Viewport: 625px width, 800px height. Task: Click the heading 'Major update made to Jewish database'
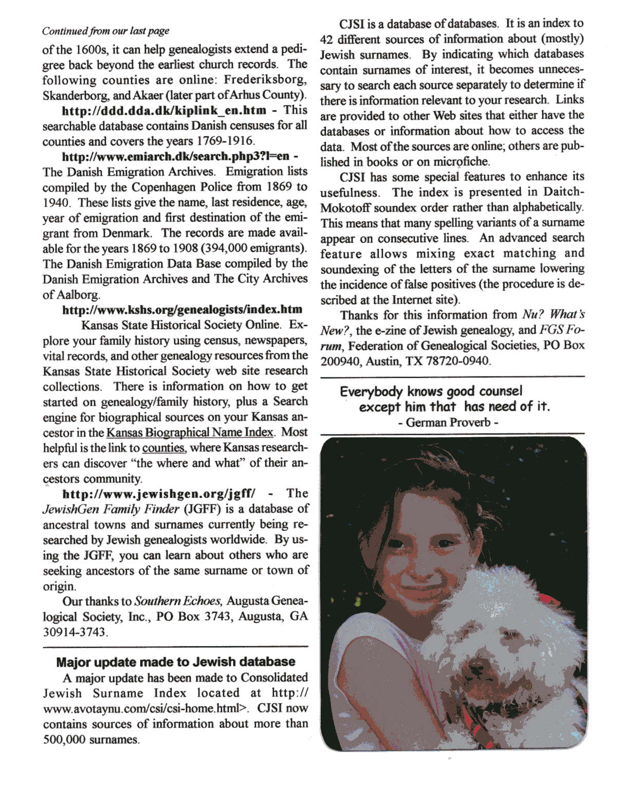coord(175,662)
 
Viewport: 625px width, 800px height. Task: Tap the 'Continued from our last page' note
coord(105,31)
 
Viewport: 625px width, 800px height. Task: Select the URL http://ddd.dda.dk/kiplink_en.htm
coord(164,110)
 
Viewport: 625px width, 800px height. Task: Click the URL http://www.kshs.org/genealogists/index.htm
coord(182,310)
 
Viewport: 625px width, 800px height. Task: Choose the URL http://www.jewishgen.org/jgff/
coord(158,494)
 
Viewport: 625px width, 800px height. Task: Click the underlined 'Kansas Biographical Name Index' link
coord(190,432)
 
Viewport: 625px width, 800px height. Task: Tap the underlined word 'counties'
coord(163,448)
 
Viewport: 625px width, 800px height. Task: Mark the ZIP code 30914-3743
coord(75,632)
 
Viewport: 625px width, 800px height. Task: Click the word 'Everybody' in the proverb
coord(371,392)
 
